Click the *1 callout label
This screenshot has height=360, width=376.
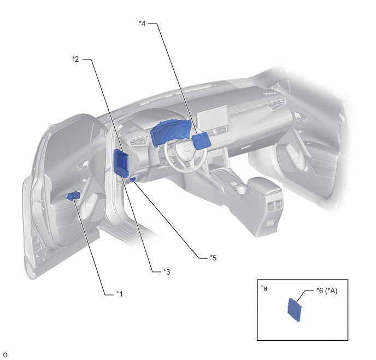point(120,294)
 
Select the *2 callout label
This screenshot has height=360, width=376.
point(75,59)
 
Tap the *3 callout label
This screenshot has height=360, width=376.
point(167,272)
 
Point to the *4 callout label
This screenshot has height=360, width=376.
point(142,24)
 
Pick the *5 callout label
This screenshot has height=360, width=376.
point(213,258)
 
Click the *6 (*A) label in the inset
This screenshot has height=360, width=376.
point(327,291)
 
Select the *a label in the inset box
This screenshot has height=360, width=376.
point(264,288)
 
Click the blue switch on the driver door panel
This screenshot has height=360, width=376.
point(73,196)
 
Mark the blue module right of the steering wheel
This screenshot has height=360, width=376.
point(202,141)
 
